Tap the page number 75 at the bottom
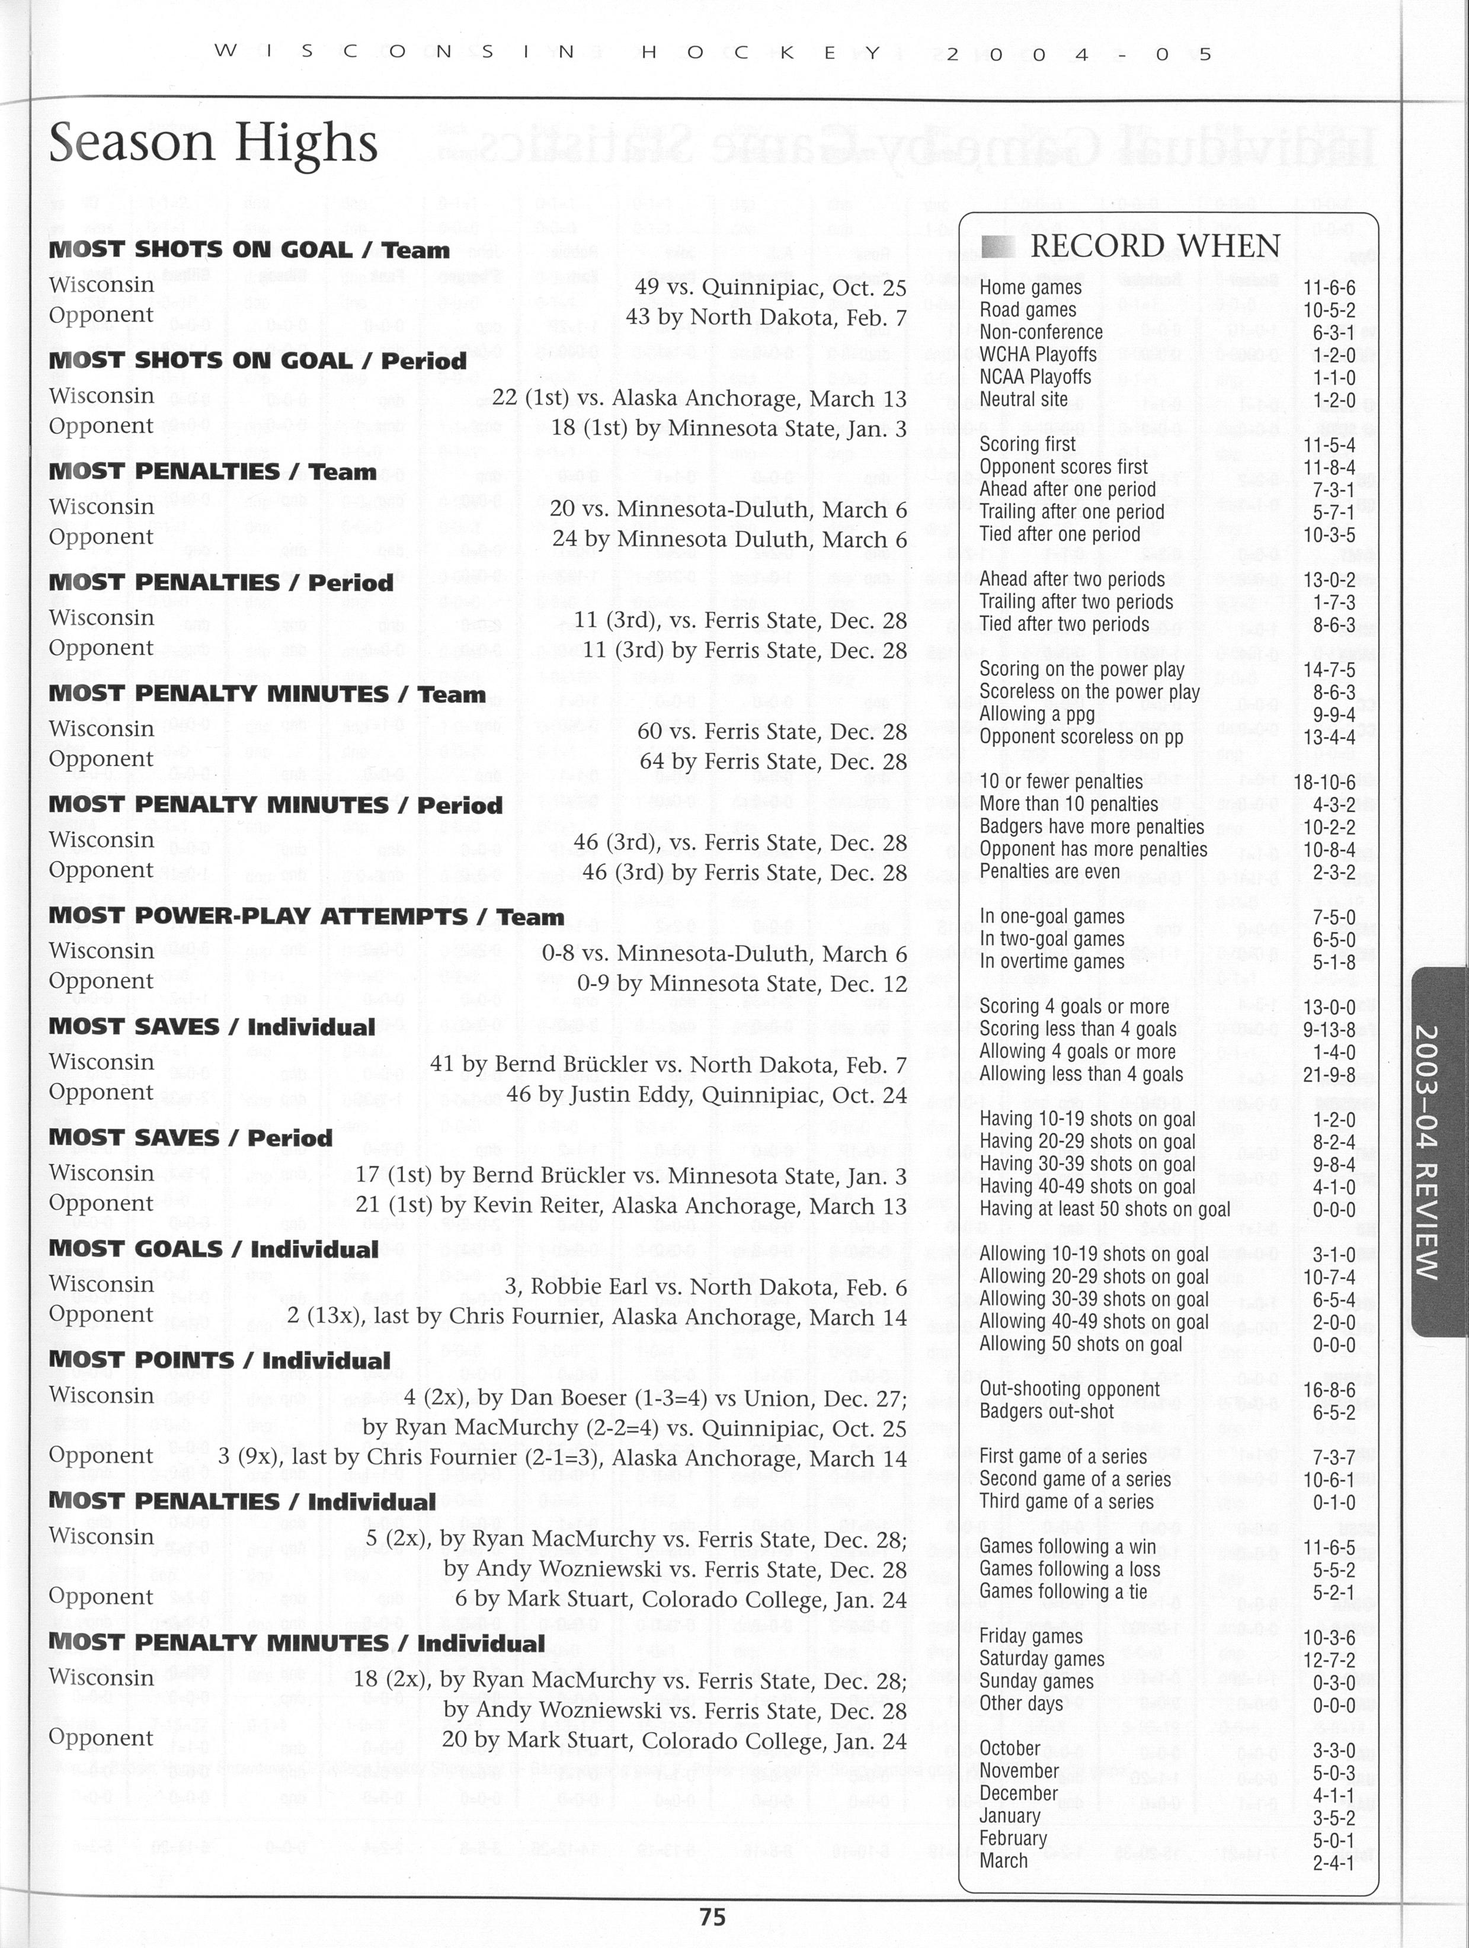(x=712, y=1916)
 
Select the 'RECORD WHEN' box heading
(x=1154, y=246)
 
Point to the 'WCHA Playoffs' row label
(x=1038, y=355)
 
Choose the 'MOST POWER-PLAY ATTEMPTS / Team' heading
(x=306, y=916)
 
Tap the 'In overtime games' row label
(x=1052, y=962)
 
